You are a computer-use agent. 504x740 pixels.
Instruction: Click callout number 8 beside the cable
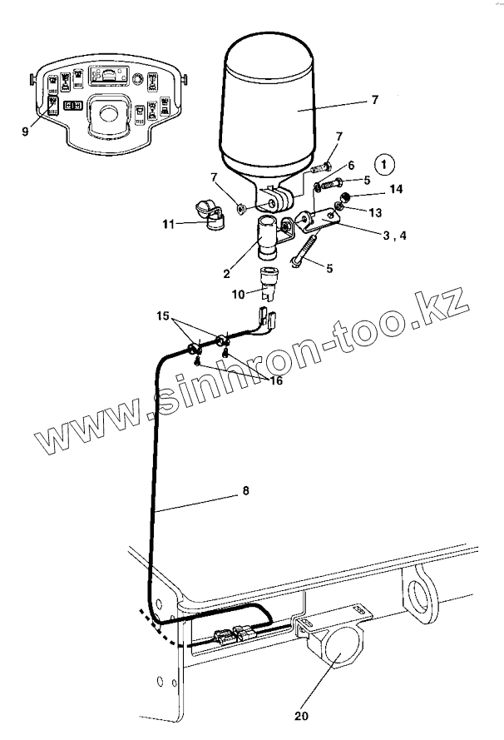pos(245,492)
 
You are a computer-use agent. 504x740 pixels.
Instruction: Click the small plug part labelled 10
pos(269,284)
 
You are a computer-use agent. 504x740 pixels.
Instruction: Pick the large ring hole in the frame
pos(421,597)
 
